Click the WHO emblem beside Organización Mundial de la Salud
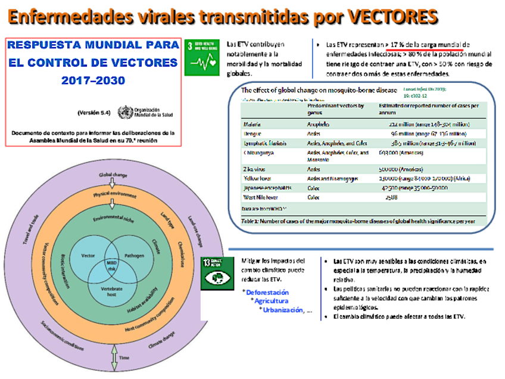(x=125, y=111)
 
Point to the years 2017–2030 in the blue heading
(x=93, y=80)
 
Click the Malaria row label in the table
(x=253, y=125)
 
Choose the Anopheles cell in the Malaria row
(x=319, y=125)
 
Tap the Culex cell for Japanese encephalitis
(x=314, y=187)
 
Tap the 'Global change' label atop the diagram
(x=113, y=175)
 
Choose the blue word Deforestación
(x=267, y=292)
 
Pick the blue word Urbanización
(x=282, y=310)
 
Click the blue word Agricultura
(x=272, y=301)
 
